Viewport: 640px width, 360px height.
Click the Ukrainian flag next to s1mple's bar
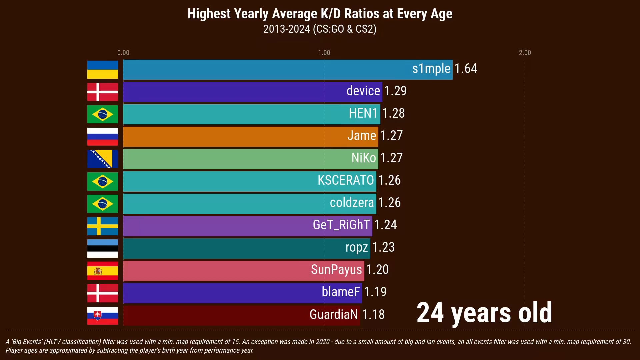coord(102,69)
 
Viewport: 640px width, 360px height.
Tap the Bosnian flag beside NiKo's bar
coord(102,159)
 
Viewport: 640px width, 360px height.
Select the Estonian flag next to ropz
coord(102,248)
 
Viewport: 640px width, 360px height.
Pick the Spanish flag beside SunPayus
coord(102,270)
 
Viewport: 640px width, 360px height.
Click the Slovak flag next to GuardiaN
coord(102,315)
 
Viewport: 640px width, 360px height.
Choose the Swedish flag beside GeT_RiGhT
coord(102,226)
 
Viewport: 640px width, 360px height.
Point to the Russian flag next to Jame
coord(102,136)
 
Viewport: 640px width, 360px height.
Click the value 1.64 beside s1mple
coord(466,69)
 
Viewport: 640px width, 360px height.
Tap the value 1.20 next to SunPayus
coord(377,270)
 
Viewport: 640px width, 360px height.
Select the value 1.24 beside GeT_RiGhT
coord(385,225)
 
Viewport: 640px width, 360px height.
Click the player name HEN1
coord(363,113)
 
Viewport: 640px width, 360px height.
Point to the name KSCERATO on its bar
coord(346,180)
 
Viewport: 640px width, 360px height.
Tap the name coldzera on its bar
coord(352,203)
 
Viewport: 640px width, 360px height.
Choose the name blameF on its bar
coord(341,292)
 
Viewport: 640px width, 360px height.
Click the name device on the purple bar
coord(363,91)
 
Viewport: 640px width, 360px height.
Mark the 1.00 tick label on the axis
coord(324,53)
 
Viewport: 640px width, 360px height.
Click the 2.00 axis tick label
coord(525,53)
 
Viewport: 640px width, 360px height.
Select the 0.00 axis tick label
coord(123,53)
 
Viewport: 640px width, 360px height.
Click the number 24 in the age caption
coord(430,313)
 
